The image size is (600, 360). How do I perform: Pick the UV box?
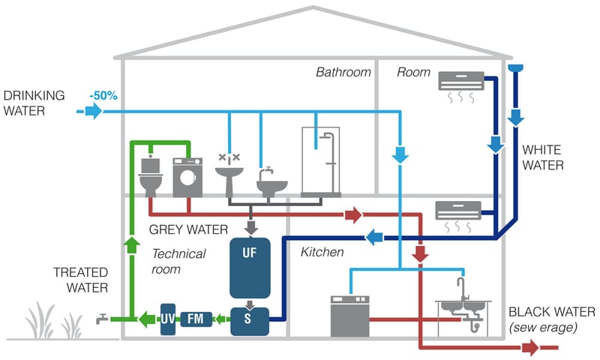[167, 319]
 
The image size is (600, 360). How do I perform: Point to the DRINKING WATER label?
[34, 104]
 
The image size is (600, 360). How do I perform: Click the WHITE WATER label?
[542, 157]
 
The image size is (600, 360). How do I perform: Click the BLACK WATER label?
[551, 311]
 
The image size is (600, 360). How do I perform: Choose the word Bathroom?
[343, 73]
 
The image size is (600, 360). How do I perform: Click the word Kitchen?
[322, 252]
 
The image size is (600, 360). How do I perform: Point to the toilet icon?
[151, 176]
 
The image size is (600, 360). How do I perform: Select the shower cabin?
[321, 162]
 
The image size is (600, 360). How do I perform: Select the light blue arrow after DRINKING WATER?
[92, 112]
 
